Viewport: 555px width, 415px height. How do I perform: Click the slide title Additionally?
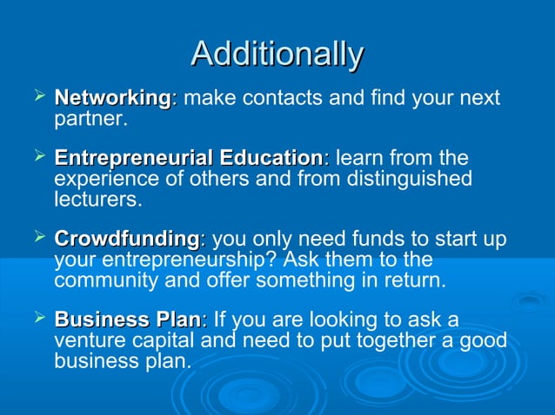pos(277,54)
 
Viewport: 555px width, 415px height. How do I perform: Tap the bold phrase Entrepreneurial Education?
pos(189,159)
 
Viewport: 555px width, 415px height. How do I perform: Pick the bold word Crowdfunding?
pos(128,239)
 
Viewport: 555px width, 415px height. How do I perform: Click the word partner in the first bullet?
pos(90,118)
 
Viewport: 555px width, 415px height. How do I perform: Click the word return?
pos(412,280)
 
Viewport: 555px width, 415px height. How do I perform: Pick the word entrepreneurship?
pos(197,259)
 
